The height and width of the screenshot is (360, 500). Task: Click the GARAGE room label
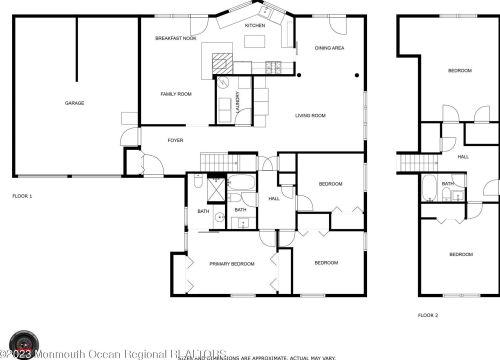[74, 103]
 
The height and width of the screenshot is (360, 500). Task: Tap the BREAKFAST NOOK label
[175, 38]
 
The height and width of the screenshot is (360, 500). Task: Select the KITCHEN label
[255, 24]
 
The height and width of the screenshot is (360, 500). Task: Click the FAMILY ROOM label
[176, 94]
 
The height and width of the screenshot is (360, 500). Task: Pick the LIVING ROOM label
[310, 116]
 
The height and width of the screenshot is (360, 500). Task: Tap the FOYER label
[175, 141]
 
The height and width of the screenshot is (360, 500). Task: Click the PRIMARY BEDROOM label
[231, 263]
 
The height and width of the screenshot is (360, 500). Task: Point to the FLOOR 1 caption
[22, 196]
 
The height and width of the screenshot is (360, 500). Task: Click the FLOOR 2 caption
[428, 315]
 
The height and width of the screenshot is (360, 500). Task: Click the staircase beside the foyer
[216, 161]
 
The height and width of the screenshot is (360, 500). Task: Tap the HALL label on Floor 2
[463, 156]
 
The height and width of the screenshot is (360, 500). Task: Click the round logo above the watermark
[22, 343]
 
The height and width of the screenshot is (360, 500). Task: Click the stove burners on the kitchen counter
[271, 67]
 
